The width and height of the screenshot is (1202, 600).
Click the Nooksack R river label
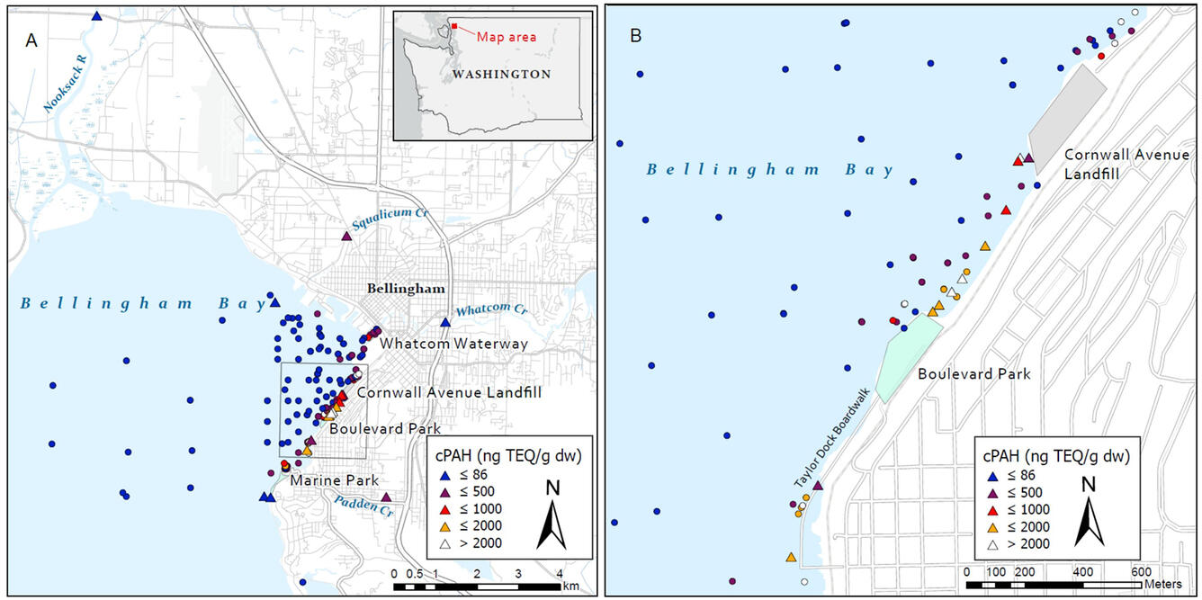tap(68, 85)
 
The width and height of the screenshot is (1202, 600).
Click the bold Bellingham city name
tap(405, 289)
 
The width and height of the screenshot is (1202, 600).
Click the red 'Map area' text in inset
tap(506, 37)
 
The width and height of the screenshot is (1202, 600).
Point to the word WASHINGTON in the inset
tap(502, 75)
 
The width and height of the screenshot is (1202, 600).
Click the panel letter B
tap(636, 37)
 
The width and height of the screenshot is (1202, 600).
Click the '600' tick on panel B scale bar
tap(1141, 571)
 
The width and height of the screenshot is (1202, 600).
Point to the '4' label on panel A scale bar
tap(559, 573)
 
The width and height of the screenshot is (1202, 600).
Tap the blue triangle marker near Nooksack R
tap(96, 16)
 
